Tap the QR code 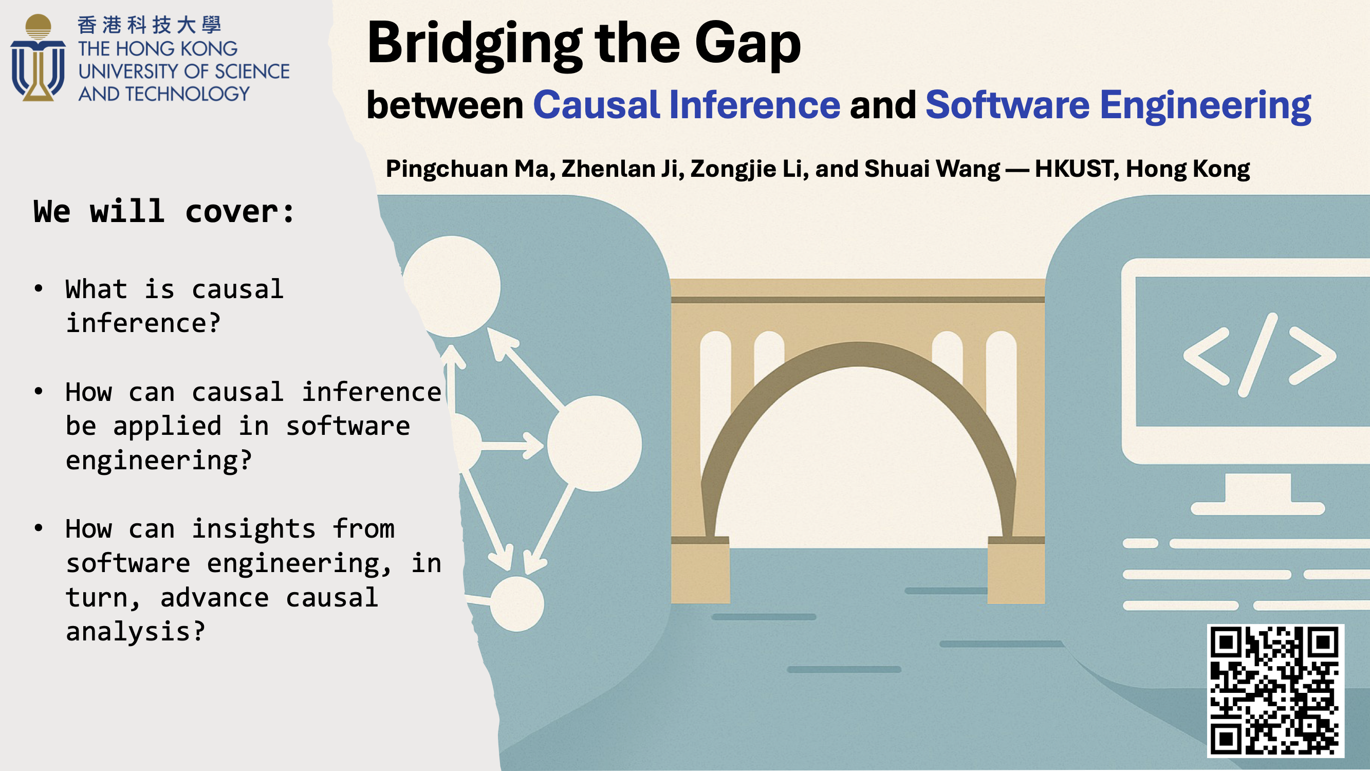(x=1275, y=691)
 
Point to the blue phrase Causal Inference (x=687, y=105)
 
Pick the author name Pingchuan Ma (x=471, y=169)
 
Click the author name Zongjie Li (x=749, y=169)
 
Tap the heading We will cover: (x=164, y=212)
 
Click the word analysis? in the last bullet (x=136, y=631)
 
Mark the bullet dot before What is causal (x=39, y=288)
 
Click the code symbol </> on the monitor (x=1260, y=355)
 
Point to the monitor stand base (x=1257, y=508)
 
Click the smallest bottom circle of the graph (x=516, y=604)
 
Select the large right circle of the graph (x=595, y=444)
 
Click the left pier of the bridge (x=700, y=570)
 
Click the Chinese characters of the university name (x=149, y=25)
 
